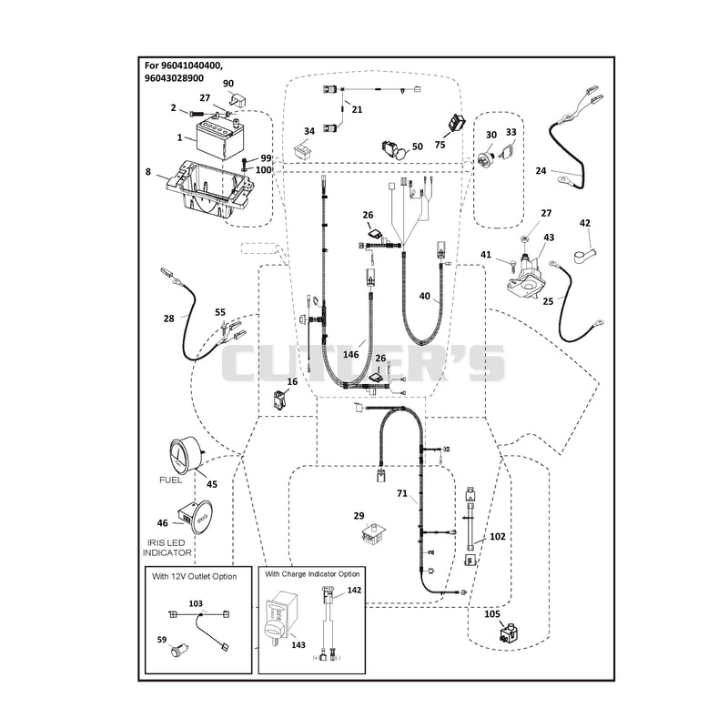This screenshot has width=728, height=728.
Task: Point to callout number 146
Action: pos(350,355)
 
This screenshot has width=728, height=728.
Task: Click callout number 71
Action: pos(402,493)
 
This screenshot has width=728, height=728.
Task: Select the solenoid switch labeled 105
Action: pos(510,632)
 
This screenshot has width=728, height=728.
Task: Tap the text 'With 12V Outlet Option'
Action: pos(194,576)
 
